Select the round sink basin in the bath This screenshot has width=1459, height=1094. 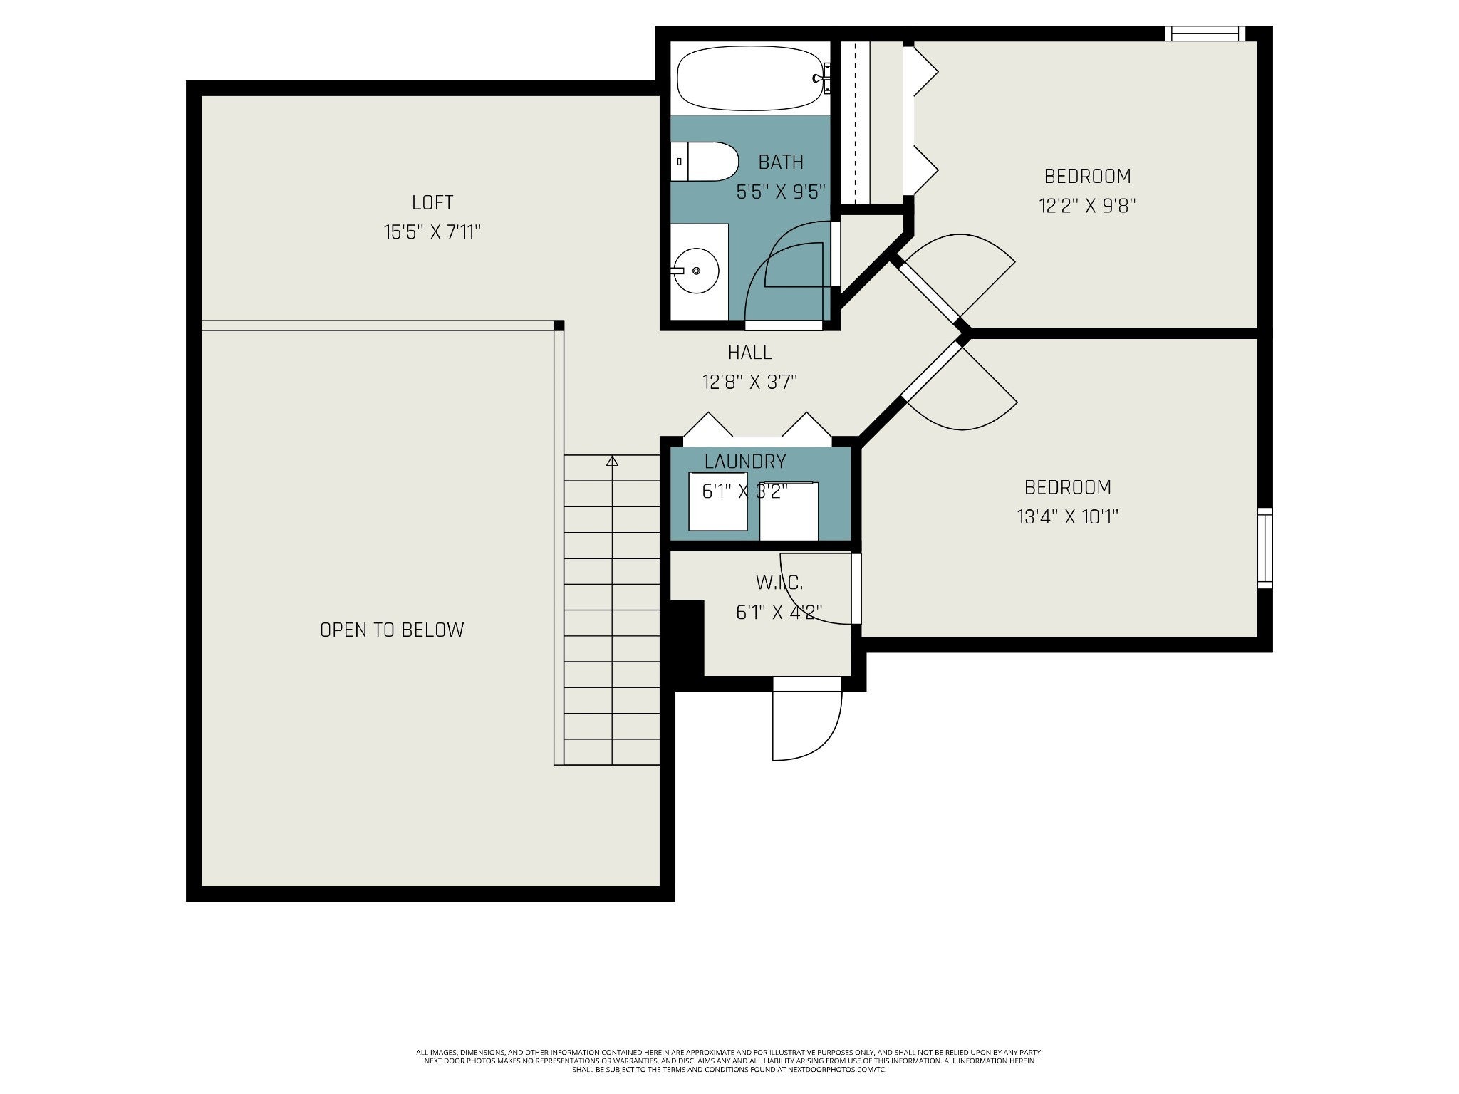click(695, 271)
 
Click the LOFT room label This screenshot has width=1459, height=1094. click(432, 202)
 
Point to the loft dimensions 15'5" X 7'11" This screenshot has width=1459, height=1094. click(432, 232)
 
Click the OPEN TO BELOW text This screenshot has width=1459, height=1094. click(392, 630)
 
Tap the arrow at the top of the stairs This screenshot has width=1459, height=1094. click(612, 461)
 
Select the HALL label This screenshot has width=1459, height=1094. click(749, 352)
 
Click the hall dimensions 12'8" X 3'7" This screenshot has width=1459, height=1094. click(749, 382)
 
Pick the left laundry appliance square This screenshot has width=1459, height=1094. click(718, 501)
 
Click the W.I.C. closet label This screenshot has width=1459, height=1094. click(779, 583)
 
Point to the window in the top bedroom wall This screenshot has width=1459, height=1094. click(1205, 33)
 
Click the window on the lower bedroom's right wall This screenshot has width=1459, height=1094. click(1265, 548)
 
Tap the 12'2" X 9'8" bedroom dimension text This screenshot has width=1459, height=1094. click(1087, 206)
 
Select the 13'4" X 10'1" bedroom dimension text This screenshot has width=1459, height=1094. click(1068, 516)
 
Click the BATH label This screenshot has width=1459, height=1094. click(781, 162)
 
